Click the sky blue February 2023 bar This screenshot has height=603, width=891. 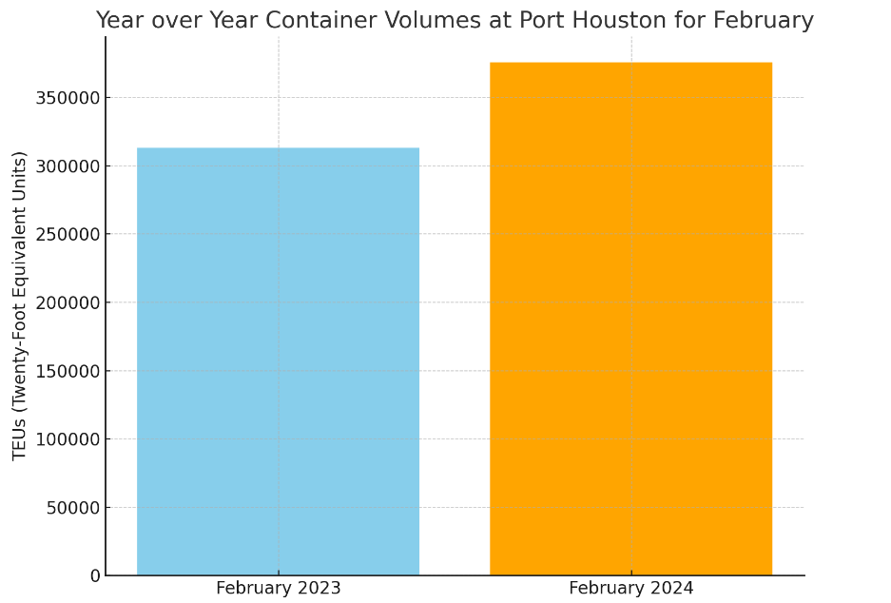(x=278, y=361)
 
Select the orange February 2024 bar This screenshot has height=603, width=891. (x=630, y=319)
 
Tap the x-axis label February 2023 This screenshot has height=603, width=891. (x=278, y=589)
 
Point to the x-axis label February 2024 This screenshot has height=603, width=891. (x=630, y=589)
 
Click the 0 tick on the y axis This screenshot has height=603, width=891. (x=95, y=575)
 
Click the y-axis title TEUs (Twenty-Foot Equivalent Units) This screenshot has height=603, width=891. (x=20, y=305)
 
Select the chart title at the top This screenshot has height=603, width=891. (x=455, y=21)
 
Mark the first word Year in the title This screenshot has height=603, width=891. (x=119, y=21)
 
